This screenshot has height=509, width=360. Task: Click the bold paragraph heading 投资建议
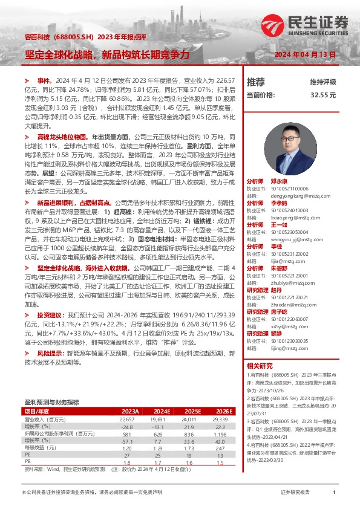point(49,315)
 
